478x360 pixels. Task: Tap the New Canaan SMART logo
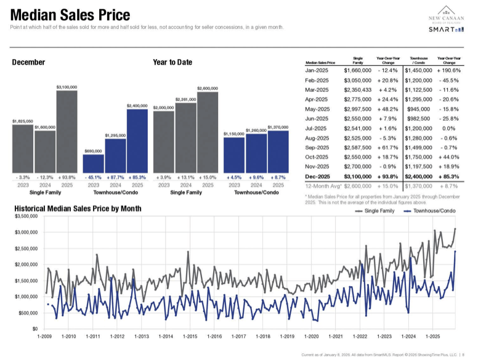click(446, 20)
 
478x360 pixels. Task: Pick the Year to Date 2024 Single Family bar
click(185, 137)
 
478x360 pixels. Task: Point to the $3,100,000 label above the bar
click(67, 88)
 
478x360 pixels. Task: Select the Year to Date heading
click(172, 62)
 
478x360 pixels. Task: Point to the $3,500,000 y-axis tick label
click(26, 216)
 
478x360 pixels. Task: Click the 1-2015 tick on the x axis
click(190, 336)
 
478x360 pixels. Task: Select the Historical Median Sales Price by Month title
click(78, 208)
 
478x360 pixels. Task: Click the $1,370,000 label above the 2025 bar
click(278, 127)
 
